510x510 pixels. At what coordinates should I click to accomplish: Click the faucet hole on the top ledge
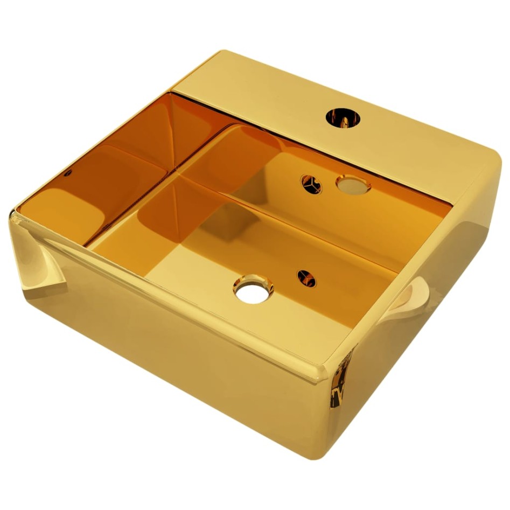[x=340, y=117]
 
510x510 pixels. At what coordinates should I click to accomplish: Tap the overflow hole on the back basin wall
[x=311, y=184]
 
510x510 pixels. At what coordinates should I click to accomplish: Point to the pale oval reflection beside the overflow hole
[x=353, y=185]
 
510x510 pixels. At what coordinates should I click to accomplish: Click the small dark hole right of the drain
[x=306, y=278]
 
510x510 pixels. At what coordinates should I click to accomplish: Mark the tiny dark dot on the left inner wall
[x=68, y=173]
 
